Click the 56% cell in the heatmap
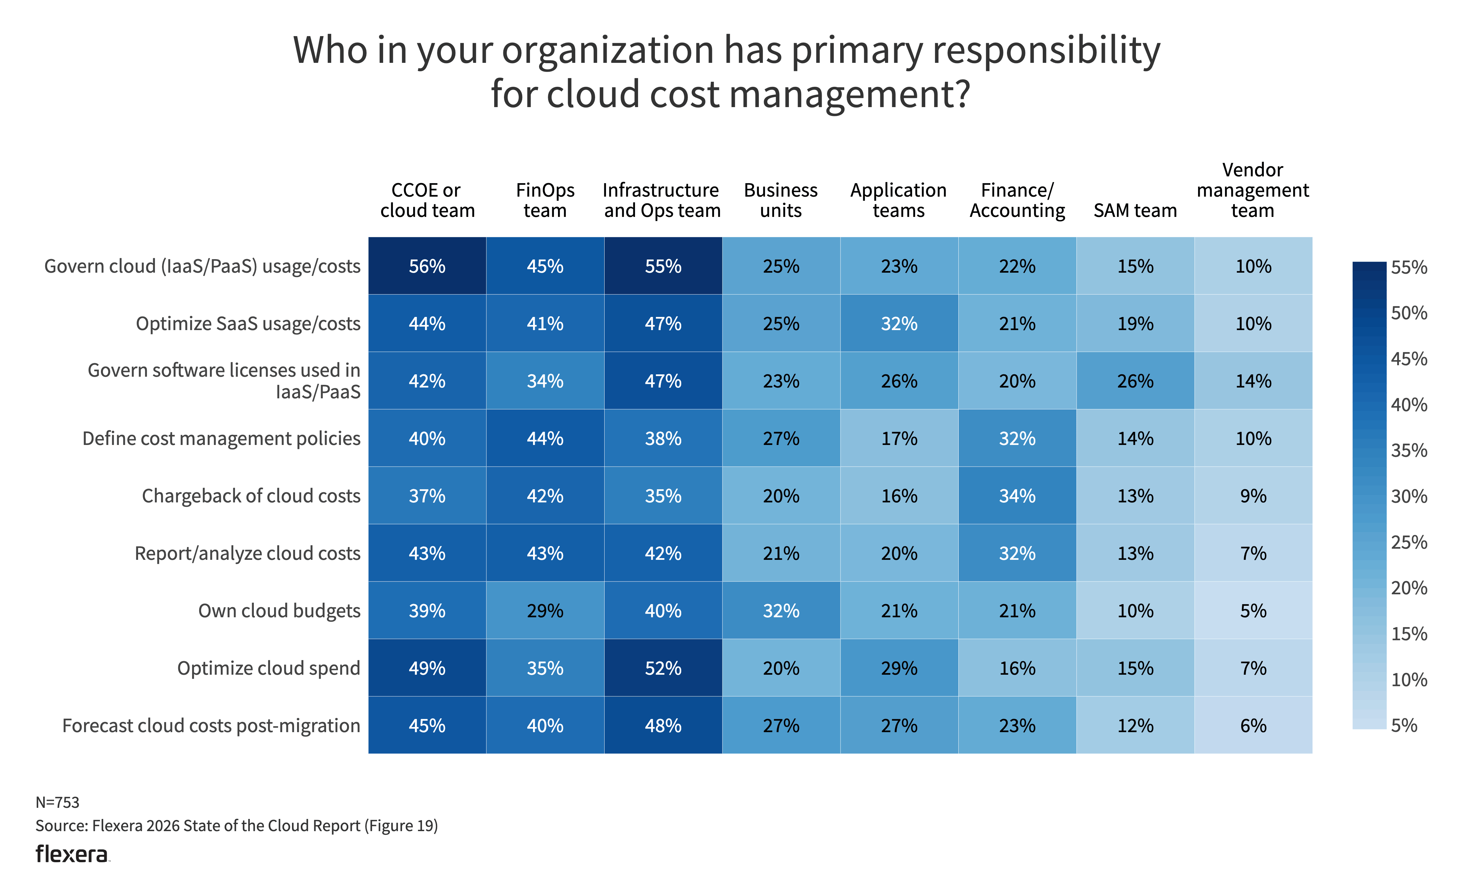point(427,266)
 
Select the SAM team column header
point(1135,210)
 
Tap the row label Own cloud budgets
point(279,611)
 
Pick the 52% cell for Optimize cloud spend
point(663,668)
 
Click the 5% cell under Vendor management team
point(1253,611)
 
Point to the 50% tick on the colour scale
point(1409,313)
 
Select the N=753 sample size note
point(57,802)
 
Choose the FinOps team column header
point(545,200)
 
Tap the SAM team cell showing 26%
point(1135,381)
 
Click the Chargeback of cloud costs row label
point(251,496)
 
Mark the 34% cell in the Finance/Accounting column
point(1017,496)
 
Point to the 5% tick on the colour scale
point(1404,725)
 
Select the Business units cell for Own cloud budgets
point(781,611)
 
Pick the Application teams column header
point(898,200)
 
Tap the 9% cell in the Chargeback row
point(1253,496)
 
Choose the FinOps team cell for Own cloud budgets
point(545,611)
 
